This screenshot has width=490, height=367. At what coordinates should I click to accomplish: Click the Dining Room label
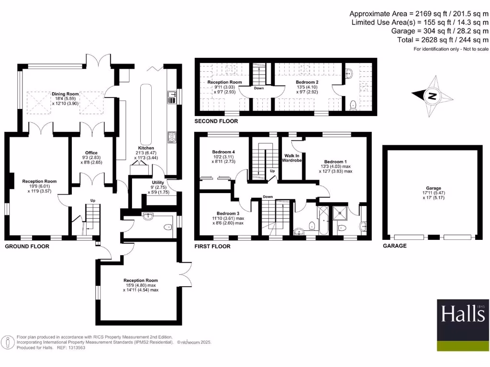click(66, 94)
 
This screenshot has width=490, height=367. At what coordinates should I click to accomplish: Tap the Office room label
click(91, 153)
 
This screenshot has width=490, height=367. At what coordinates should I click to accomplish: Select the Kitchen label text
click(146, 148)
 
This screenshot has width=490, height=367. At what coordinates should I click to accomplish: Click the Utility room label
click(158, 183)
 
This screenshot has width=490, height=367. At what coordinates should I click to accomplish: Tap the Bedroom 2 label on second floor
click(308, 82)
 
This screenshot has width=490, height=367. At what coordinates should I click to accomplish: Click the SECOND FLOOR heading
click(216, 122)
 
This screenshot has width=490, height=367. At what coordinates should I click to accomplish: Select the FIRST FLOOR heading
click(212, 247)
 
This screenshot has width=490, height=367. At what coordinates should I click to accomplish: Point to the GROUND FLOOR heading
click(27, 247)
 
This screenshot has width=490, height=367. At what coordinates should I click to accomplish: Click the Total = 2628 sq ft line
click(443, 40)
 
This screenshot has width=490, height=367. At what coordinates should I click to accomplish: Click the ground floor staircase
click(92, 217)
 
